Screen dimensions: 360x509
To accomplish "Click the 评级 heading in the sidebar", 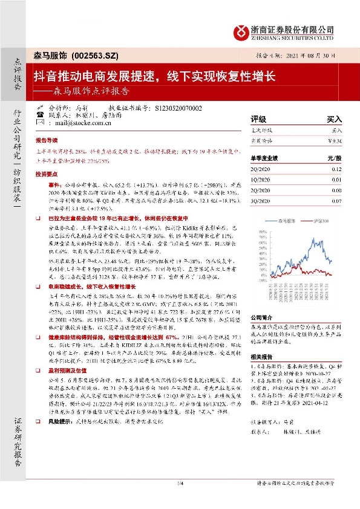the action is click(x=258, y=120).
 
